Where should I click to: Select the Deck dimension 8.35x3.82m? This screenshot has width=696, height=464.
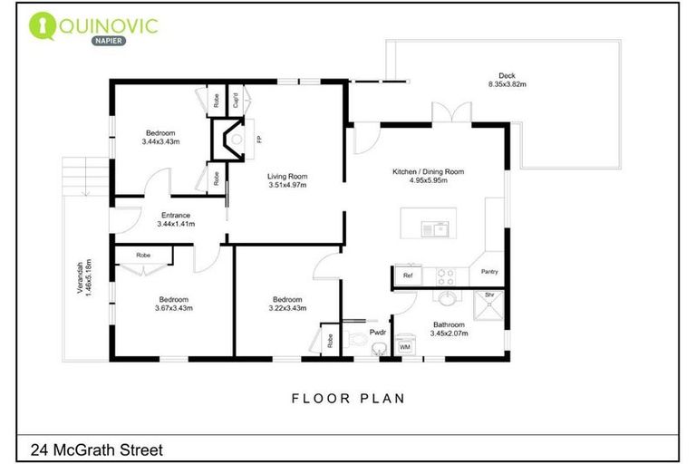[x=507, y=84]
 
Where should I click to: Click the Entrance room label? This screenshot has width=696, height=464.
[x=176, y=219]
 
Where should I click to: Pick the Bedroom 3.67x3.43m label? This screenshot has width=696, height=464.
[x=173, y=304]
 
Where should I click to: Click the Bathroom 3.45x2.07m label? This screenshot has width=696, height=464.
[x=448, y=328]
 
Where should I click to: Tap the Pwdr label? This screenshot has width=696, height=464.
[x=378, y=333]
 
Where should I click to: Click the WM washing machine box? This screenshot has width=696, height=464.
[x=405, y=346]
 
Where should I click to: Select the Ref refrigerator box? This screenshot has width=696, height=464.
[x=408, y=274]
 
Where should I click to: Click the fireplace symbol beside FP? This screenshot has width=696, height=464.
[x=227, y=140]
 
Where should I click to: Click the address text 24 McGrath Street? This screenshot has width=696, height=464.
[x=95, y=448]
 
